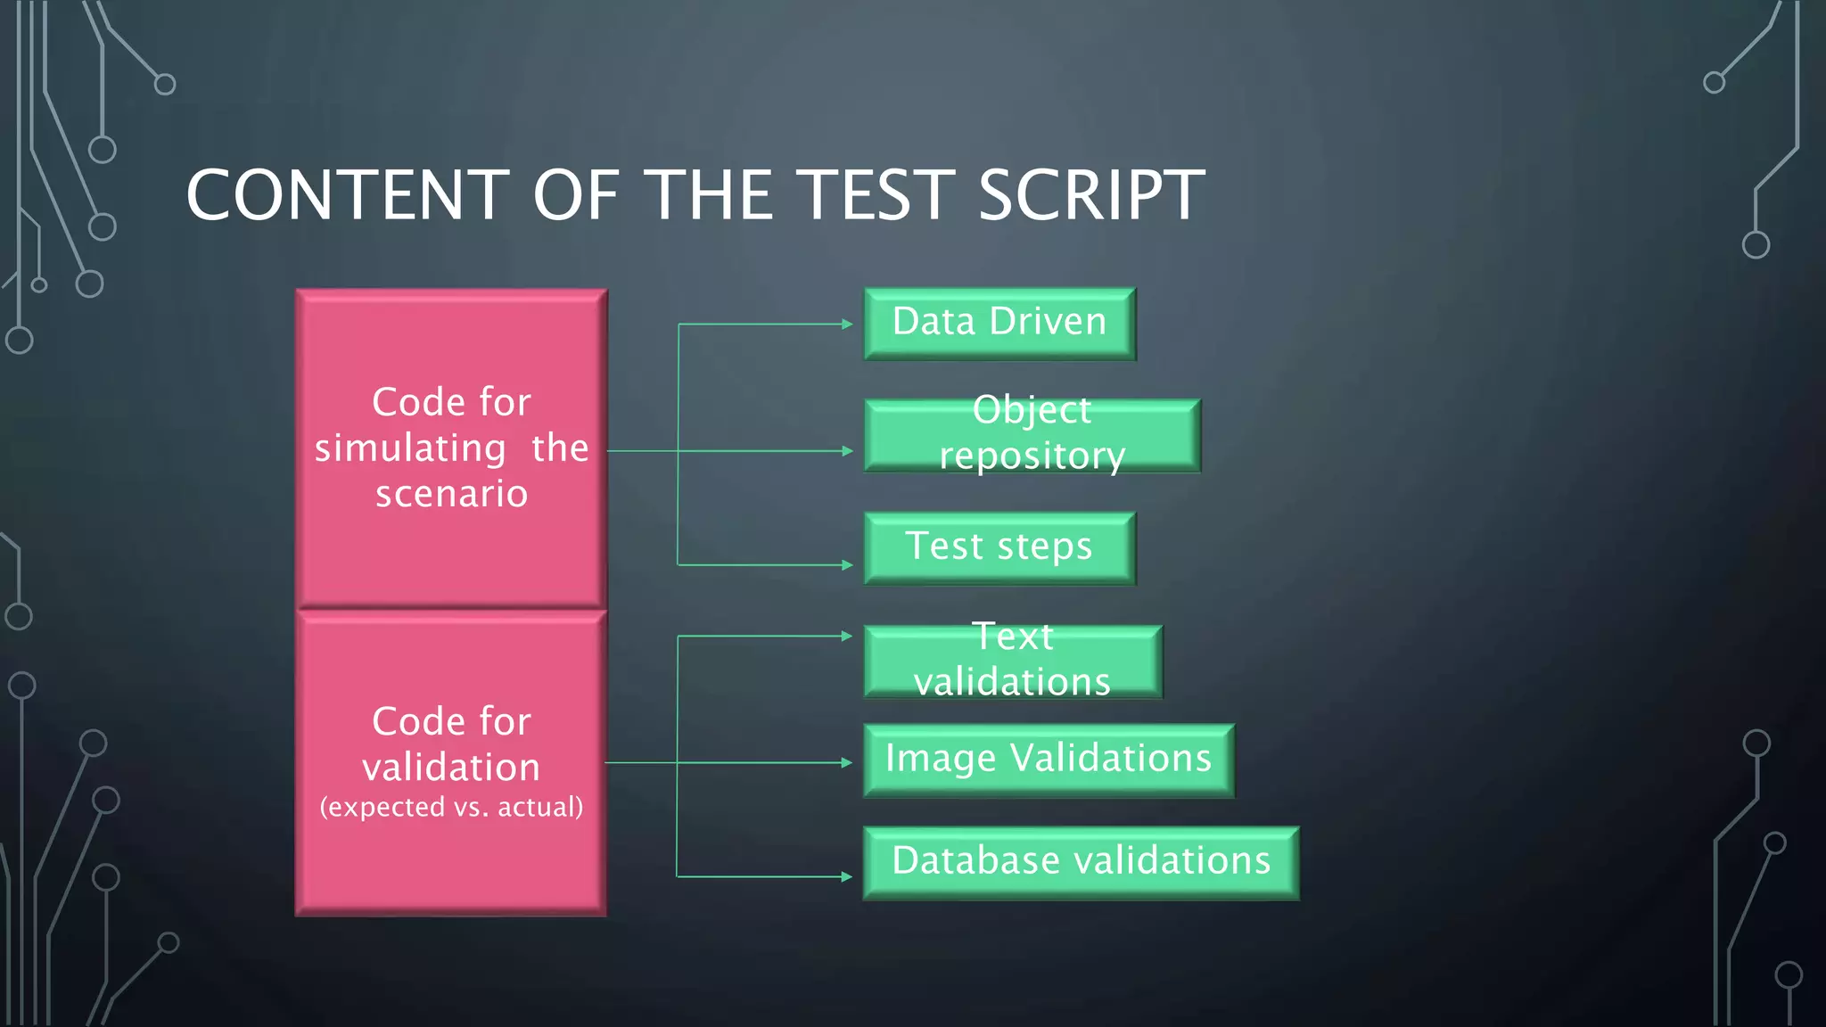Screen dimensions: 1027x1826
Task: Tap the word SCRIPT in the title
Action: click(1091, 195)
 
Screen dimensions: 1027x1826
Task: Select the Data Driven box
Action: click(999, 323)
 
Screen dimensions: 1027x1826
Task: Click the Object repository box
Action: click(1032, 435)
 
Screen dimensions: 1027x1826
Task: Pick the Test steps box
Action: click(999, 547)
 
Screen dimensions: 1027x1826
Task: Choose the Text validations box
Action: click(1013, 661)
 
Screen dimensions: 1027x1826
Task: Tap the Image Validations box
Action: click(1049, 760)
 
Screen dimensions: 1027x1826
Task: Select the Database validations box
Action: click(1081, 862)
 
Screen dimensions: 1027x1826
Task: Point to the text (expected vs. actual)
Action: click(451, 807)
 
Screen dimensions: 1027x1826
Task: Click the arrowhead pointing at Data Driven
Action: click(848, 324)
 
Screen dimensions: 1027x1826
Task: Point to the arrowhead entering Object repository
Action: click(848, 451)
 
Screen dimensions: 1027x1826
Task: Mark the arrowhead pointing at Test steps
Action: click(848, 564)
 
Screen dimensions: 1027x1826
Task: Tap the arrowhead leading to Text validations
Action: click(848, 636)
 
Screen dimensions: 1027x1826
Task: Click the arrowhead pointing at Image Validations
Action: click(848, 762)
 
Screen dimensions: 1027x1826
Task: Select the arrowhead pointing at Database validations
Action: click(848, 876)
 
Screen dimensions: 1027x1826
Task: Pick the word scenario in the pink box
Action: click(451, 494)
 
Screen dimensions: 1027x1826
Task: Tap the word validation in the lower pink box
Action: click(451, 768)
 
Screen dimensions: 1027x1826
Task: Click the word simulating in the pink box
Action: click(410, 448)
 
